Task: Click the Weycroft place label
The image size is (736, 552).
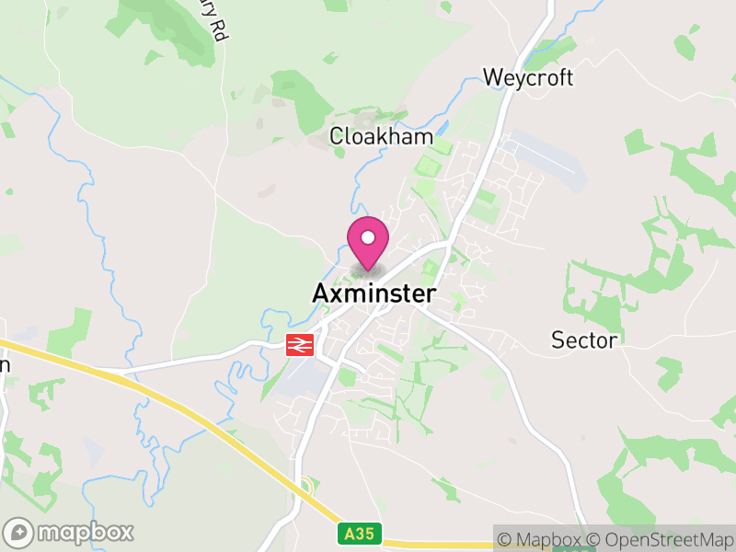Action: pyautogui.click(x=528, y=77)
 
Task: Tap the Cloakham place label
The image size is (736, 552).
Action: pyautogui.click(x=381, y=136)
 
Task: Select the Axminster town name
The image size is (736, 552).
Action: pyautogui.click(x=374, y=293)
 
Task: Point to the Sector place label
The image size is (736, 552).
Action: pyautogui.click(x=584, y=340)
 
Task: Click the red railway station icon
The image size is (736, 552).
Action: pyautogui.click(x=301, y=345)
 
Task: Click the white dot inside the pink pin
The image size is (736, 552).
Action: pyautogui.click(x=368, y=238)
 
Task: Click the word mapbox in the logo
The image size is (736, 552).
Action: pyautogui.click(x=85, y=532)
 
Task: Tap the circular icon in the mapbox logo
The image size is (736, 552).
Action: pyautogui.click(x=20, y=533)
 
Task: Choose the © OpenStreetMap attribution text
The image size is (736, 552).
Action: pyautogui.click(x=661, y=540)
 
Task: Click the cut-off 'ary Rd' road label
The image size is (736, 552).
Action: pyautogui.click(x=219, y=22)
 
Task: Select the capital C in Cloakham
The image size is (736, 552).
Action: pyautogui.click(x=338, y=136)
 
